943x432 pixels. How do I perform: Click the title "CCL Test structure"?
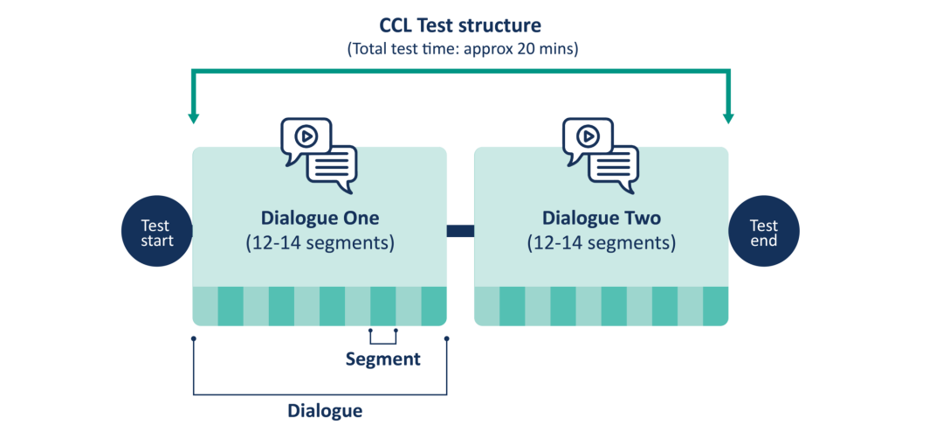tap(460, 26)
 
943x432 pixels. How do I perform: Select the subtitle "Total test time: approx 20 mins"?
tap(463, 49)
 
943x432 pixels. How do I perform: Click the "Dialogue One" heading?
tap(320, 218)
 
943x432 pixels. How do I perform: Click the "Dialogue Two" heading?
tap(602, 218)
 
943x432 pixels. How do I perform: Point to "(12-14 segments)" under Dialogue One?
tap(320, 244)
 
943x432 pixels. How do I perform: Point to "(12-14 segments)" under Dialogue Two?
tap(602, 244)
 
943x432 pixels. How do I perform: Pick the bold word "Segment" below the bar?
tap(382, 359)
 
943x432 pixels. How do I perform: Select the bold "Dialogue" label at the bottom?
tap(326, 411)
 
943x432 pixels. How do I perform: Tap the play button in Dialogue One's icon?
tap(306, 136)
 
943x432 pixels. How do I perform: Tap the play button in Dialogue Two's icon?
tap(589, 136)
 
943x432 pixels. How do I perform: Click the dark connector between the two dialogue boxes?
tap(460, 231)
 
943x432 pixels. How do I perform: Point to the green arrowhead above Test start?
tap(193, 117)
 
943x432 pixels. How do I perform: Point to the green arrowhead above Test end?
tap(728, 117)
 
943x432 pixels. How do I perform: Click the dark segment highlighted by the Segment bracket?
tap(382, 306)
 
